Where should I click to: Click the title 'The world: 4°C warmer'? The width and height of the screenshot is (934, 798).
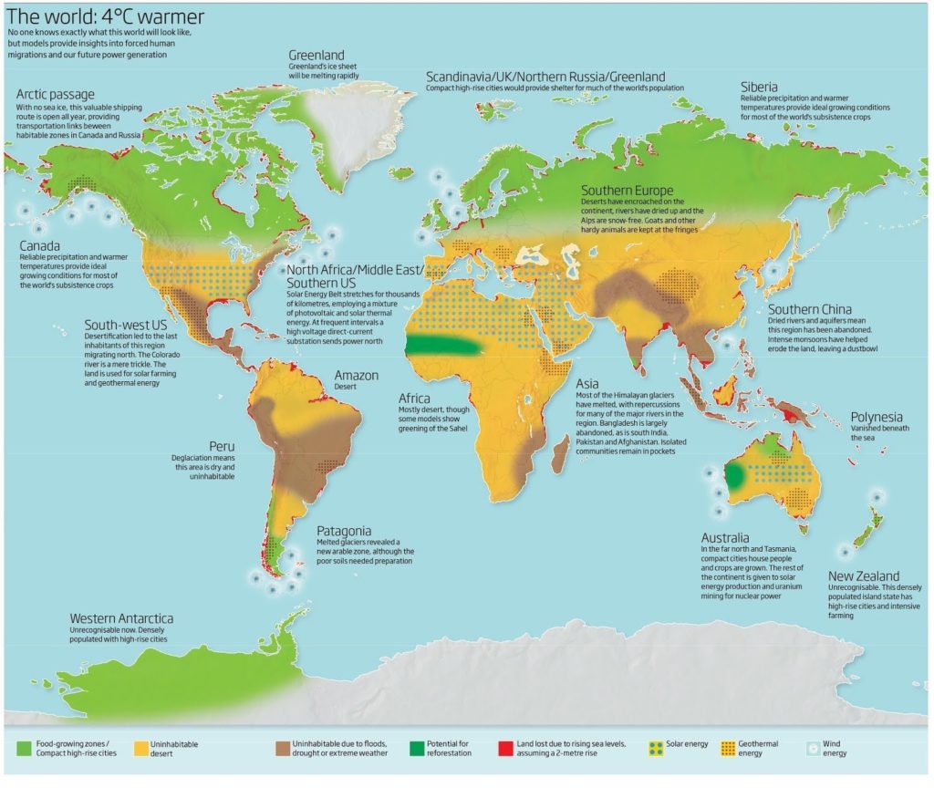(x=106, y=16)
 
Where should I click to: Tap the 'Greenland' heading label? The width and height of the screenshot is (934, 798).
(x=317, y=55)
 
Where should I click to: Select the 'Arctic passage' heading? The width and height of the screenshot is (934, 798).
(x=55, y=95)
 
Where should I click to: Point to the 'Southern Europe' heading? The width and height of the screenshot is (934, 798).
(x=628, y=191)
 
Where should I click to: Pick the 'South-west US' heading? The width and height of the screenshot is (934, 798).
(x=126, y=325)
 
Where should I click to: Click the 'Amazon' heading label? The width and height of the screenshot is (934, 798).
(x=357, y=375)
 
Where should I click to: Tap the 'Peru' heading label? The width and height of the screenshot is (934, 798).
(x=223, y=446)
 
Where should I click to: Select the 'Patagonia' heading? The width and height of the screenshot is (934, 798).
(x=344, y=530)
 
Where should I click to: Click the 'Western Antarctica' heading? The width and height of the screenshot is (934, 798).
(x=121, y=618)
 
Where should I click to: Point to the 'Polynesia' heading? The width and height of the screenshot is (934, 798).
(x=877, y=417)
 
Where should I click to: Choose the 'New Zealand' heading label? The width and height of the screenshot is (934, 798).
(x=864, y=575)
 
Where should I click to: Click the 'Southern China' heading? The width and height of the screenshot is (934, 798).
(x=809, y=309)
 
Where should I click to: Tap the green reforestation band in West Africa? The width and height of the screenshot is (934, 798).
(x=442, y=346)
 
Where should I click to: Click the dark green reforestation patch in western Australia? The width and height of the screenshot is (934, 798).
(x=735, y=476)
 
